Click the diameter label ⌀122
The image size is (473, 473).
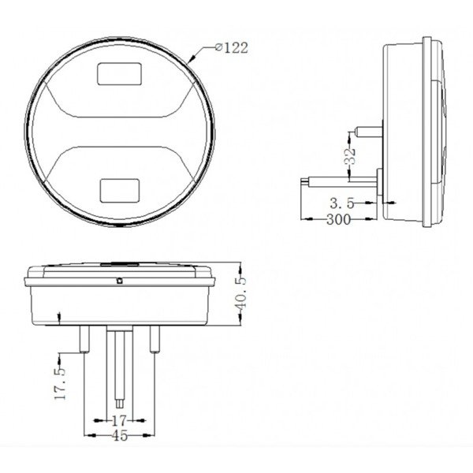tap(230, 47)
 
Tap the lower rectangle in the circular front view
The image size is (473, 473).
tap(120, 188)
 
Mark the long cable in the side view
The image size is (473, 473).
tap(339, 181)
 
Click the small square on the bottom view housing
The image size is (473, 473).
tap(119, 280)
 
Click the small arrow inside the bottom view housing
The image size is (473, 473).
tap(61, 318)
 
